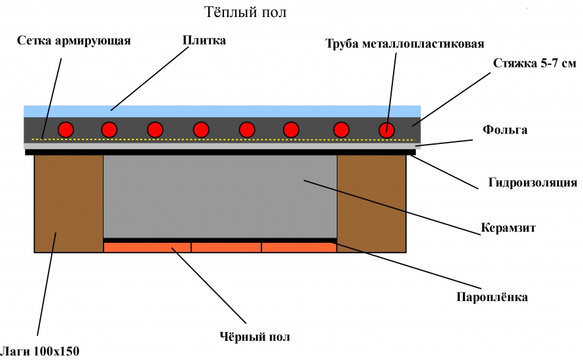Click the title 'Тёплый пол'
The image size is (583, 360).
246,12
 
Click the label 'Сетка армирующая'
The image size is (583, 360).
74,41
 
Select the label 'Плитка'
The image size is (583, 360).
204,41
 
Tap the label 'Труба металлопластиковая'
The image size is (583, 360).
405,44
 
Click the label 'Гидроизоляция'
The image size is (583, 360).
533,182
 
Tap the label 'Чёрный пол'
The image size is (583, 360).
254,337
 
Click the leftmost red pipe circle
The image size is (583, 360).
66,130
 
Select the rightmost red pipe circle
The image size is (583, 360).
387,130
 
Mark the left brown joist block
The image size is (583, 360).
68,203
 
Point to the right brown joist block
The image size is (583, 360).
371,203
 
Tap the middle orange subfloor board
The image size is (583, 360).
226,247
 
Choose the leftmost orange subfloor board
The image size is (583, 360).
147,247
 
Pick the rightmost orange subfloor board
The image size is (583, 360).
299,247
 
